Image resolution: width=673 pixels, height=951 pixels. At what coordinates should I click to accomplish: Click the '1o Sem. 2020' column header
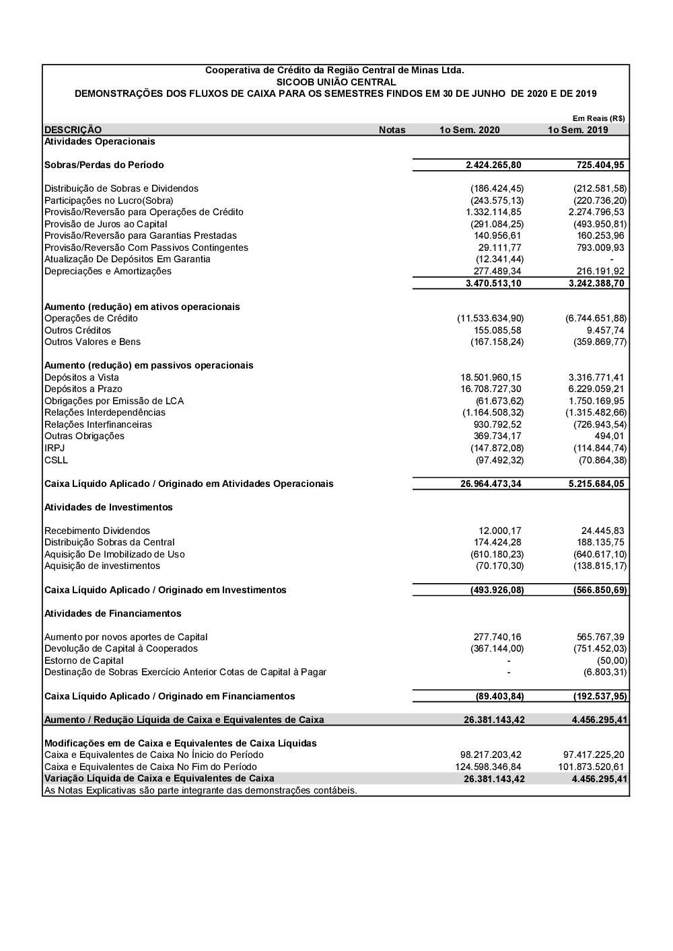pyautogui.click(x=469, y=130)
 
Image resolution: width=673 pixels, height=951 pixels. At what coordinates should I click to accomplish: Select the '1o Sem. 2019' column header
pyautogui.click(x=577, y=130)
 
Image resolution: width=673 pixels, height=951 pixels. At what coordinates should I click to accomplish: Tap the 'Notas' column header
pyautogui.click(x=392, y=130)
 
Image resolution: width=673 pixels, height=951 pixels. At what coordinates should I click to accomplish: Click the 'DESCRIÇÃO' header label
pyautogui.click(x=73, y=130)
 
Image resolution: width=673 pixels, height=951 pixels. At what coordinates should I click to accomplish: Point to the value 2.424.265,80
pyautogui.click(x=493, y=165)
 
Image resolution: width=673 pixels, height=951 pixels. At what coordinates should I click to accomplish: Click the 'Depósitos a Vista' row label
pyautogui.click(x=81, y=377)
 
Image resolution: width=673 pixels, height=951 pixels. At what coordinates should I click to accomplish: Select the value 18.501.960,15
pyautogui.click(x=491, y=377)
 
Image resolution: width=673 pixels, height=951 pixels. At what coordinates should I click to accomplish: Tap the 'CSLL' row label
pyautogui.click(x=56, y=460)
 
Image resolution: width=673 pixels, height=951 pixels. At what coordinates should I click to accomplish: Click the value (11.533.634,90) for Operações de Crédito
pyautogui.click(x=490, y=318)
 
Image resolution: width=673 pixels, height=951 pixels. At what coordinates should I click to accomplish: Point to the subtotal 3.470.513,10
pyautogui.click(x=493, y=283)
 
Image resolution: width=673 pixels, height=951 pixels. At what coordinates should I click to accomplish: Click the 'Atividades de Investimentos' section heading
pyautogui.click(x=108, y=507)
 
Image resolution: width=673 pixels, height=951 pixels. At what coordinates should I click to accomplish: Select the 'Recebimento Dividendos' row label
pyautogui.click(x=97, y=531)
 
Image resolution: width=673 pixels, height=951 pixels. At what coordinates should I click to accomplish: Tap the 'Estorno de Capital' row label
pyautogui.click(x=84, y=660)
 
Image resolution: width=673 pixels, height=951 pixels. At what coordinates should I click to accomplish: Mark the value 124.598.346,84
pyautogui.click(x=488, y=767)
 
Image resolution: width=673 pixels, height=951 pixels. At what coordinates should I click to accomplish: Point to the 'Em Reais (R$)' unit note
pyautogui.click(x=598, y=118)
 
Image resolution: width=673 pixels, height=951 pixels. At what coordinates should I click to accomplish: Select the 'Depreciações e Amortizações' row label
pyautogui.click(x=108, y=271)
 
